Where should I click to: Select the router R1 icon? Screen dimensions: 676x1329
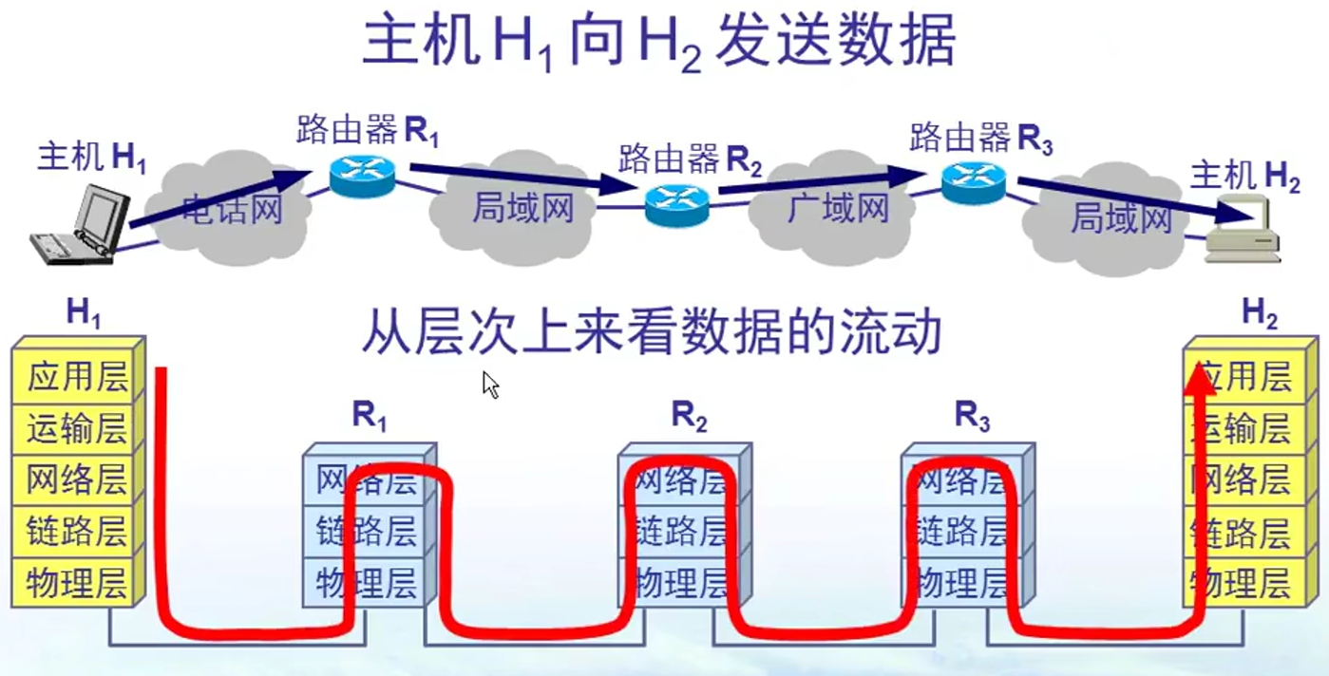362,175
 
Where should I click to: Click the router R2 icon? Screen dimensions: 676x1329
676,201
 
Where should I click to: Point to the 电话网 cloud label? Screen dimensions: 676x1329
234,208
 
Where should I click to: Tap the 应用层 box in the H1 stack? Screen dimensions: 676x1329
76,378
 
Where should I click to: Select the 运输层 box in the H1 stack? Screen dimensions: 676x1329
76,429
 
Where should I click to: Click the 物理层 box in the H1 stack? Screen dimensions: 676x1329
76,581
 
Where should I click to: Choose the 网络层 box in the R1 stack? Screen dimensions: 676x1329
366,479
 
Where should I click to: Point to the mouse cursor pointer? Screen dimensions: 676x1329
490,385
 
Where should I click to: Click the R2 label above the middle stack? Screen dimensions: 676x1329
690,417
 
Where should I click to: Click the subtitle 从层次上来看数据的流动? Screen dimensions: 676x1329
652,332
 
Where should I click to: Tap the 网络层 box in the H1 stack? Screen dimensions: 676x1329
76,479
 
